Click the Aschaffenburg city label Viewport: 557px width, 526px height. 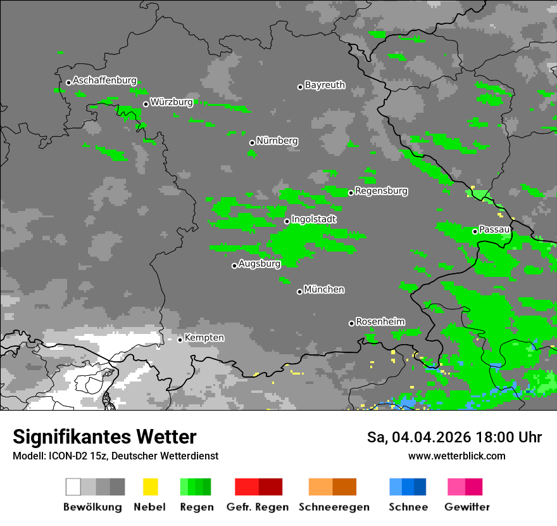coord(104,80)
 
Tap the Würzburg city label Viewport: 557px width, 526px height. coord(172,102)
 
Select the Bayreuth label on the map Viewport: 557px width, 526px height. coord(325,85)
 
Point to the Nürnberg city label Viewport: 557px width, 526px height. coord(277,141)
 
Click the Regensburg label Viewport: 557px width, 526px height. coord(381,191)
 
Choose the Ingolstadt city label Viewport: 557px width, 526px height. coord(313,219)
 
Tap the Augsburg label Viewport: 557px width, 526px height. coord(260,264)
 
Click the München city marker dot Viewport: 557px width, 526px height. coord(299,292)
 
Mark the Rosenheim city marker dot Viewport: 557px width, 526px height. coord(351,323)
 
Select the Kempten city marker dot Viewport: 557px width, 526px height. coord(180,340)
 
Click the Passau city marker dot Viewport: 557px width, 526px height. coord(475,231)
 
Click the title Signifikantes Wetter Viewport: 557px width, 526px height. coord(104,437)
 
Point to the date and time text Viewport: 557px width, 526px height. coord(454,437)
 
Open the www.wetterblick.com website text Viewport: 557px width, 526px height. coord(456,456)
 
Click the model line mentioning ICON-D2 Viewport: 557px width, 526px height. coord(115,456)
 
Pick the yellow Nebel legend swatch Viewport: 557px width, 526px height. coord(150,487)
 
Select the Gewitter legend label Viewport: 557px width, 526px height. coord(466,507)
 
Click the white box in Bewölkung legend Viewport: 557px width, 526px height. coord(73,487)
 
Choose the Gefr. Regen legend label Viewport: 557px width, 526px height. coord(257,507)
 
